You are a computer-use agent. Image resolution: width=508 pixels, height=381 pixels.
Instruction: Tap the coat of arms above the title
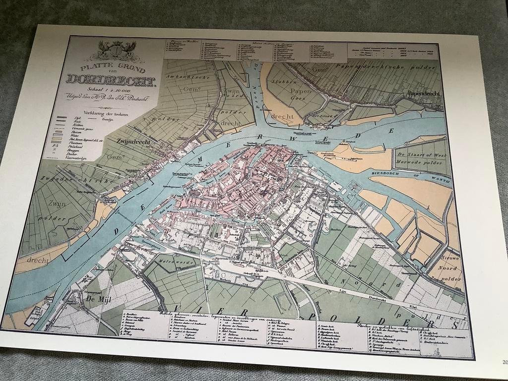click(x=118, y=51)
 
